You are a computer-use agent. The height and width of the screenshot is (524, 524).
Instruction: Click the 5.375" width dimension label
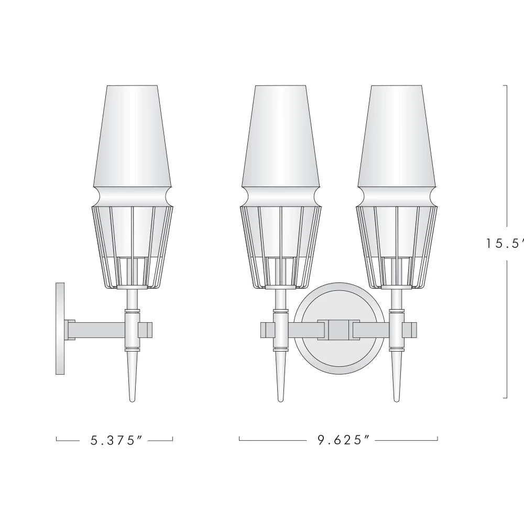(x=117, y=440)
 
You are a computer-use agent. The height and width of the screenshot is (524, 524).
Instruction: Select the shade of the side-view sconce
(x=133, y=136)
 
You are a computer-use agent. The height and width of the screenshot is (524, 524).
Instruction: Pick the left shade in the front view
(x=281, y=136)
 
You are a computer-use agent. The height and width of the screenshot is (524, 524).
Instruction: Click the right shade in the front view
(x=397, y=136)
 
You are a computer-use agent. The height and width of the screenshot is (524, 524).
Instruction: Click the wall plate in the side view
(x=60, y=329)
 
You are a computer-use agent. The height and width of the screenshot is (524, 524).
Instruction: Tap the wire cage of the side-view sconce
(x=133, y=246)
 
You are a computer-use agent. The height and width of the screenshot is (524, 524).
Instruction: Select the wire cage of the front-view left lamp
(x=281, y=246)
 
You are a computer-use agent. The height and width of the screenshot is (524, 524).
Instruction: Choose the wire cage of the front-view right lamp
(x=397, y=246)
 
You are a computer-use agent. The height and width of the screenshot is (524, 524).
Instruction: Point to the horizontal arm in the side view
(x=100, y=329)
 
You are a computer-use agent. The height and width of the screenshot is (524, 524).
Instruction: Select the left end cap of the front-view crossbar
(x=267, y=329)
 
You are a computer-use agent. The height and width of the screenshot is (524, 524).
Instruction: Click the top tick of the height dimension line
(x=505, y=85)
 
